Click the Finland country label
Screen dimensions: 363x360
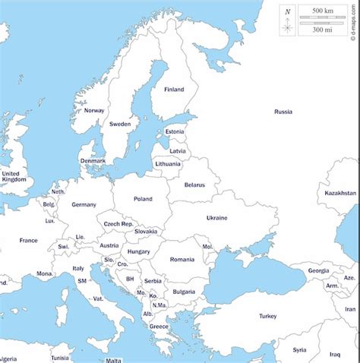174,90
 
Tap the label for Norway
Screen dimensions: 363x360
94,111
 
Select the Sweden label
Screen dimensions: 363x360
120,124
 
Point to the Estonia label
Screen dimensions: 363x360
175,131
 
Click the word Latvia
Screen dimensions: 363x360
177,150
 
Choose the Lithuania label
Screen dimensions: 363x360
168,163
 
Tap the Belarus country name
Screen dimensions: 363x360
195,185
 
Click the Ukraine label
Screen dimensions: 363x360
216,218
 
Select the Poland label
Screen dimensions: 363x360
143,199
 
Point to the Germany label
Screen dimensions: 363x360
84,204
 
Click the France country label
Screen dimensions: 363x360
28,240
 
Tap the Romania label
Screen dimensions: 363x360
182,260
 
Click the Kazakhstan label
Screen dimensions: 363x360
340,193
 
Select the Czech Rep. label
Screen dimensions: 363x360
118,224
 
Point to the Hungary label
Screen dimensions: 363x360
138,251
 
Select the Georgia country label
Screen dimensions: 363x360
318,270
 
